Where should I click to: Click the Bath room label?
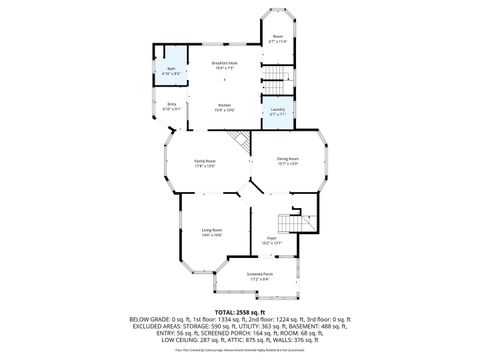tap(172, 70)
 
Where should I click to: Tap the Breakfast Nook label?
tap(224, 64)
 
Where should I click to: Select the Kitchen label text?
tap(224, 108)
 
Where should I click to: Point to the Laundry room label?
tap(277, 111)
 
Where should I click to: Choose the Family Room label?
tap(206, 165)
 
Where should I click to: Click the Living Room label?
tap(210, 232)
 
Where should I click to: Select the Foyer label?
tap(272, 240)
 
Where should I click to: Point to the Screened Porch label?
tap(262, 277)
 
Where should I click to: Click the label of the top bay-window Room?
tap(278, 39)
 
